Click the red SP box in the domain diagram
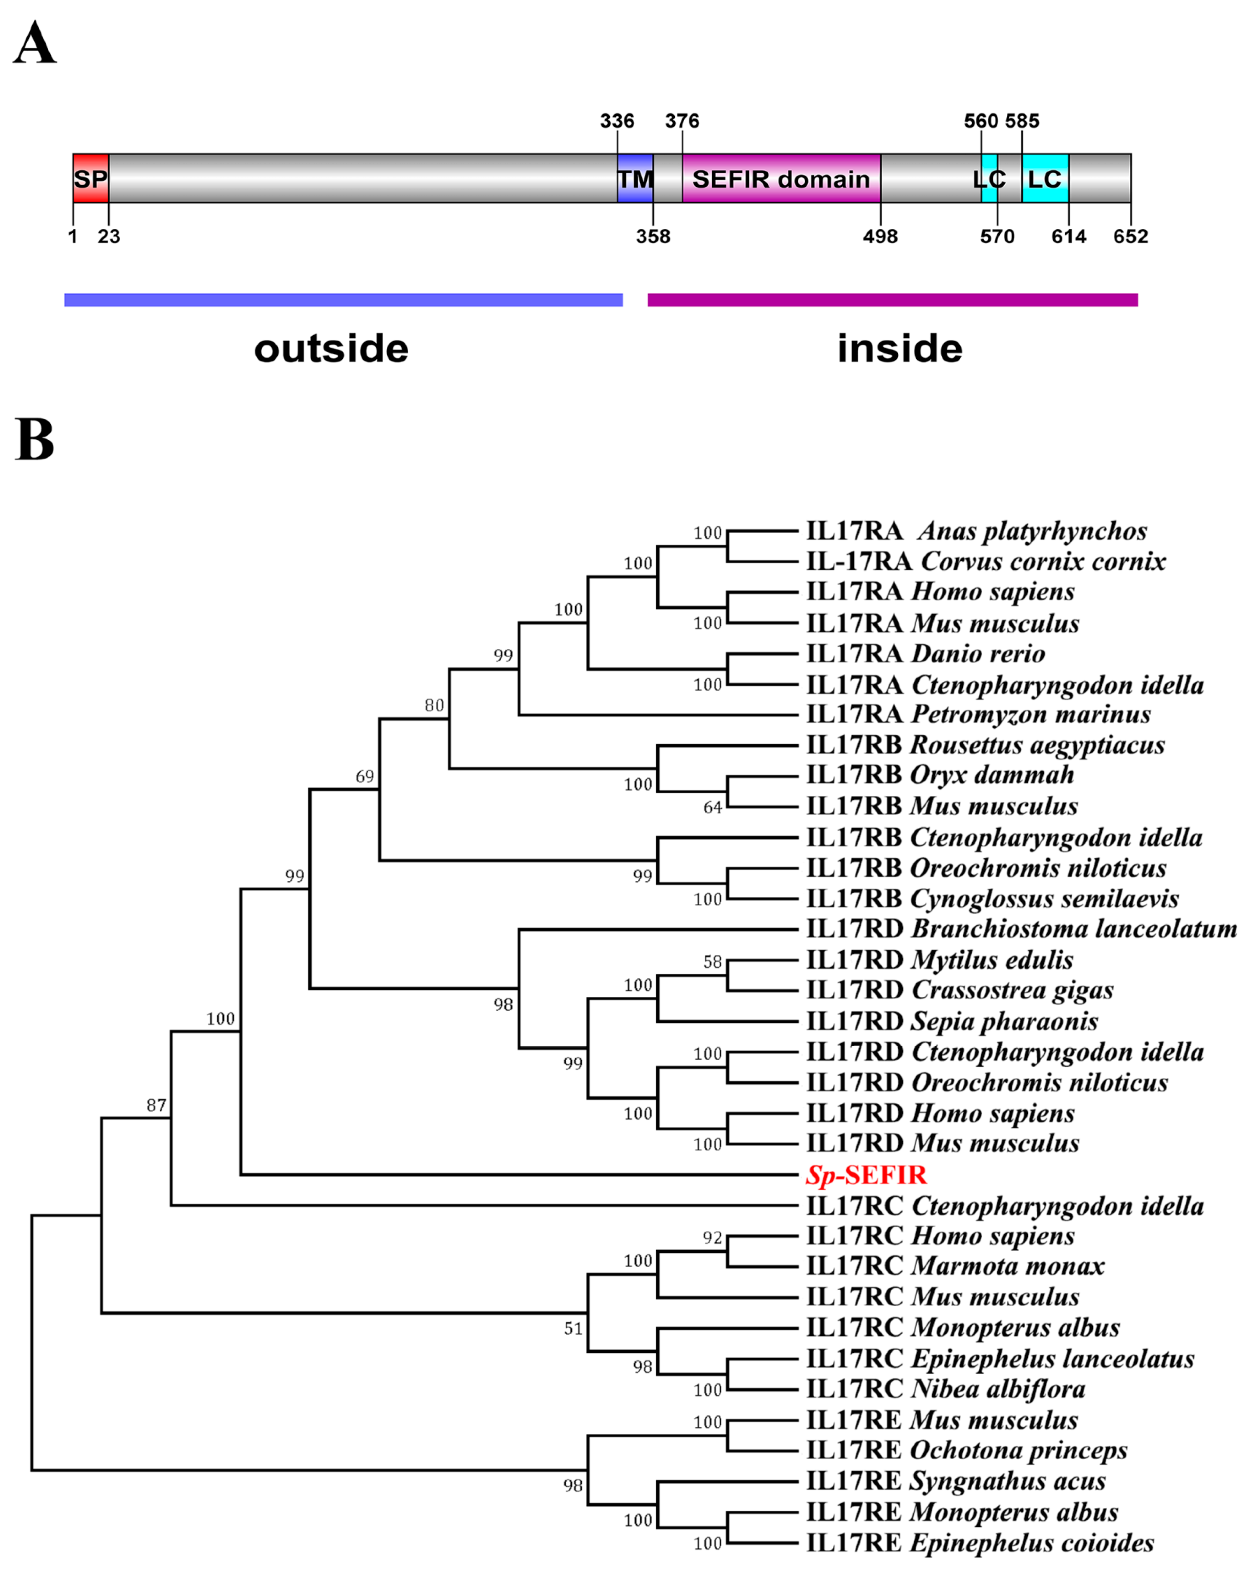tap(91, 178)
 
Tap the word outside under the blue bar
tap(331, 349)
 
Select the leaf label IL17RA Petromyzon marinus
tap(978, 714)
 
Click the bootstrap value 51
tap(573, 1328)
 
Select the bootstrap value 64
tap(713, 807)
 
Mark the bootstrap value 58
tap(713, 962)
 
